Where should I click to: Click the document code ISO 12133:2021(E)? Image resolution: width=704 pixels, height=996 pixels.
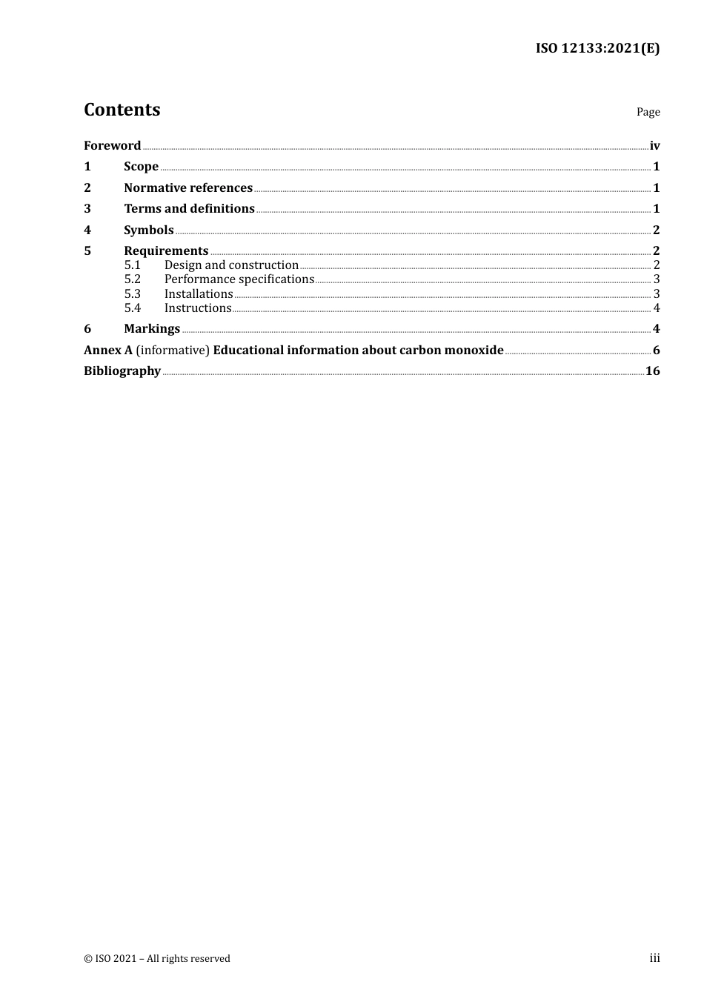[x=597, y=49]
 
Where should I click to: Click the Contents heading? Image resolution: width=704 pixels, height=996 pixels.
[x=122, y=110]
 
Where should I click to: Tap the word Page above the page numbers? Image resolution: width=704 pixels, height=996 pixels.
[x=648, y=112]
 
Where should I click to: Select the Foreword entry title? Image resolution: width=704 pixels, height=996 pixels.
[x=112, y=146]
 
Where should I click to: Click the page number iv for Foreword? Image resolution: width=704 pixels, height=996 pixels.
[x=654, y=146]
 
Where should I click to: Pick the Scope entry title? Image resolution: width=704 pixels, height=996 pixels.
[x=141, y=167]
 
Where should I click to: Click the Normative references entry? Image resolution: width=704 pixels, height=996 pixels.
[x=188, y=188]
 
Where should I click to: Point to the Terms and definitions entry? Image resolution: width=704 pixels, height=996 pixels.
[x=189, y=209]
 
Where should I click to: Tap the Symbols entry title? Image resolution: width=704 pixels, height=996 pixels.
[x=148, y=230]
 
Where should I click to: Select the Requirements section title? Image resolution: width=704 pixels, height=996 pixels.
[x=166, y=251]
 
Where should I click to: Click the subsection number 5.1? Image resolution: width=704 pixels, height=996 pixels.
[x=132, y=265]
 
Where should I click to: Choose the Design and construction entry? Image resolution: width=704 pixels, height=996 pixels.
[x=231, y=265]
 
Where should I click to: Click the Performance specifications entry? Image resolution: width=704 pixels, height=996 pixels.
[x=239, y=279]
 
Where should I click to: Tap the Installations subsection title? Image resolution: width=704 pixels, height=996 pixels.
[x=199, y=294]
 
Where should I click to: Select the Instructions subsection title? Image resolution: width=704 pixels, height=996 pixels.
[x=198, y=308]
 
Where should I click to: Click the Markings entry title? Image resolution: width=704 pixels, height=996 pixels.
[x=152, y=329]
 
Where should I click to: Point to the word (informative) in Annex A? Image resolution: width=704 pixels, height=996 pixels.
[x=173, y=351]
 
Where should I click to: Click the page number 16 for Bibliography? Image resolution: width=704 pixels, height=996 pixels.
[x=652, y=371]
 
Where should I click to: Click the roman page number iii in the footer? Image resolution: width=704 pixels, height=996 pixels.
[x=654, y=958]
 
